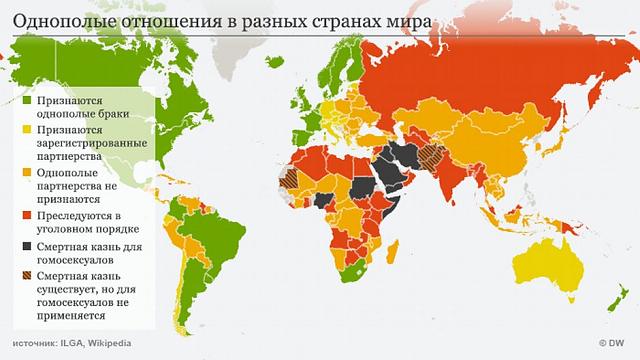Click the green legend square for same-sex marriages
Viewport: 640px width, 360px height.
[26, 102]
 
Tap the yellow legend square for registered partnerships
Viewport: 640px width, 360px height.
[26, 130]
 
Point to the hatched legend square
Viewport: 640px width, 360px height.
[26, 272]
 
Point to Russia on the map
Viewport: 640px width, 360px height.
[470, 80]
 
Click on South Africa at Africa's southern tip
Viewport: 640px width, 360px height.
[355, 280]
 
